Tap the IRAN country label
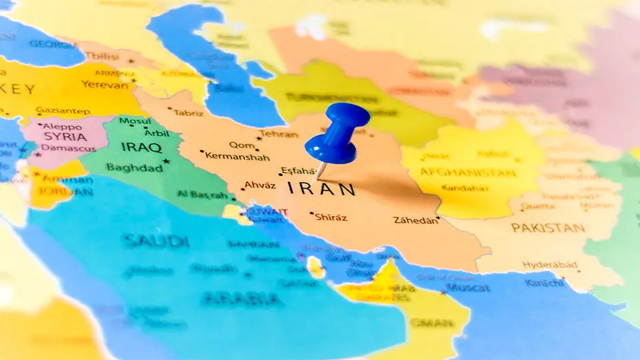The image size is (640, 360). (x=321, y=189)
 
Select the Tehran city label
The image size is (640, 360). (x=279, y=134)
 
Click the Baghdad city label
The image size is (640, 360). (x=134, y=168)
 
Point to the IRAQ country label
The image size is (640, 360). (x=141, y=147)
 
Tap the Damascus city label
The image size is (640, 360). (x=69, y=148)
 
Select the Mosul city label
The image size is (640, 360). (x=135, y=121)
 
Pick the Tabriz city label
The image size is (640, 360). (x=189, y=113)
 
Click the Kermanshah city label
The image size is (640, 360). (x=237, y=157)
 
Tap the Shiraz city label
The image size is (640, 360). (x=331, y=217)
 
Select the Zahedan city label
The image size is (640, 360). (x=416, y=220)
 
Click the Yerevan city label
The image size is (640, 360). (x=104, y=85)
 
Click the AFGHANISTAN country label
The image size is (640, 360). (x=467, y=173)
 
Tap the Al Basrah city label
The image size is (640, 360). (x=203, y=194)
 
